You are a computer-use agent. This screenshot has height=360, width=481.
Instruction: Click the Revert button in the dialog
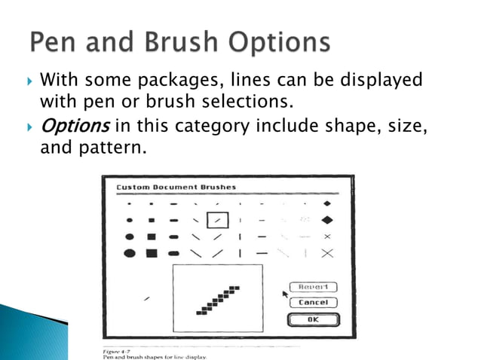click(x=312, y=287)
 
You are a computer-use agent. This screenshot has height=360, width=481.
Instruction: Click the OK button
click(x=312, y=319)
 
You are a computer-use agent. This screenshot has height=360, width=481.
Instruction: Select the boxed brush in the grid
click(x=217, y=220)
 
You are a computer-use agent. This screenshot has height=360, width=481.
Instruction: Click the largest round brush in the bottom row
click(x=130, y=253)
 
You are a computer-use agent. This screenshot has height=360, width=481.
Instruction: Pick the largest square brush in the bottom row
click(x=152, y=253)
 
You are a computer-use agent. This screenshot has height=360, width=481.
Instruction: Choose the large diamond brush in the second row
click(x=326, y=220)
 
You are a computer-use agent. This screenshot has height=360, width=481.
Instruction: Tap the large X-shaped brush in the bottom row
click(x=326, y=253)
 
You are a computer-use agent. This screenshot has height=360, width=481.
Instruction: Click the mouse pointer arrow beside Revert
click(x=285, y=294)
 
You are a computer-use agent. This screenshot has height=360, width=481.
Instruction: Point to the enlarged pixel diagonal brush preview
click(x=218, y=299)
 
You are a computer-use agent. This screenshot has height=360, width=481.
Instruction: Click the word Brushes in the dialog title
click(x=212, y=187)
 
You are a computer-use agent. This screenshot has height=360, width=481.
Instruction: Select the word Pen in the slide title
click(x=54, y=41)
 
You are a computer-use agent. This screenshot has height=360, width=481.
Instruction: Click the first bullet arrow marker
click(x=29, y=79)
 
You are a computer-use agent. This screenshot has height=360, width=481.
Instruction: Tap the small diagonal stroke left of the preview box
click(x=146, y=299)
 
